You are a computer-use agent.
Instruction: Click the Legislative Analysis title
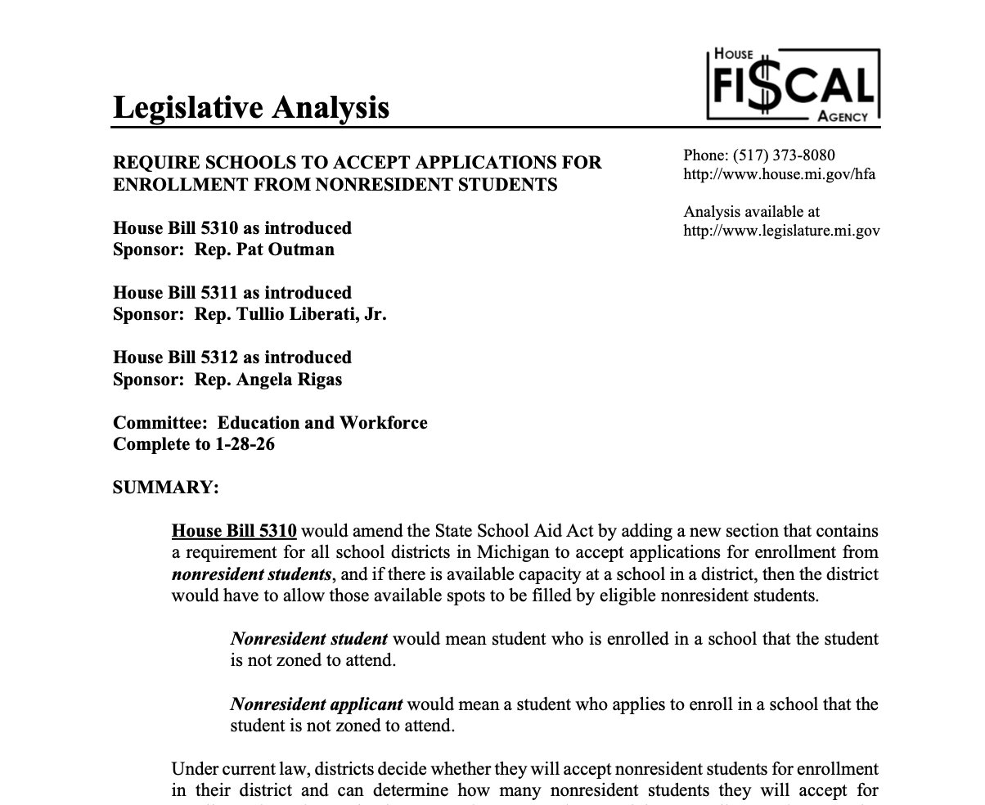pyautogui.click(x=250, y=107)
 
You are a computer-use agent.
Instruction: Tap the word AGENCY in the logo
pyautogui.click(x=842, y=117)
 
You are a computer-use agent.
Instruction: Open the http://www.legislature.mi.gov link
pyautogui.click(x=781, y=230)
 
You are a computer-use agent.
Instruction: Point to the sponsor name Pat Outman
pyautogui.click(x=286, y=250)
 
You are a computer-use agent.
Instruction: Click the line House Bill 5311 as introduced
pyautogui.click(x=232, y=293)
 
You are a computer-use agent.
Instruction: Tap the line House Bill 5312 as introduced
pyautogui.click(x=232, y=358)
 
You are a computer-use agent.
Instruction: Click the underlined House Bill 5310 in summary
pyautogui.click(x=234, y=531)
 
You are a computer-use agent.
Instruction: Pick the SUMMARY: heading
pyautogui.click(x=165, y=488)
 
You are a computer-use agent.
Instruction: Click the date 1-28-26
pyautogui.click(x=245, y=444)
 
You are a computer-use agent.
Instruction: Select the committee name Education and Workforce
pyautogui.click(x=322, y=423)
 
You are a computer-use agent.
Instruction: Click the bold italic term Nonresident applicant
pyautogui.click(x=316, y=704)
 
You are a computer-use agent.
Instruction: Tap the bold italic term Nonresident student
pyautogui.click(x=308, y=639)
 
